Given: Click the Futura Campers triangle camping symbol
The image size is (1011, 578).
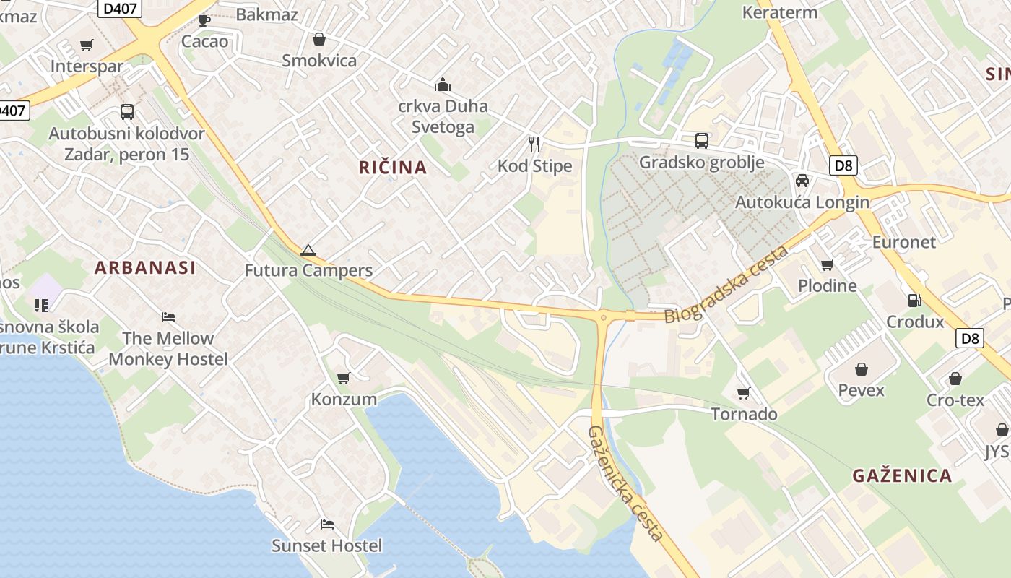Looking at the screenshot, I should pos(308,251).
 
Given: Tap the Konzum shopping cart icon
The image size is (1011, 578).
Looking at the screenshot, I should pos(344,378).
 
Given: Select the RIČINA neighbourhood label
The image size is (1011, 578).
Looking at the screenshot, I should pos(393,168).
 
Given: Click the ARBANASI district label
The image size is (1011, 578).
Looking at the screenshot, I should pos(145,267).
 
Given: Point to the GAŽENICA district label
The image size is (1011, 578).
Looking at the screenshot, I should pos(902,475).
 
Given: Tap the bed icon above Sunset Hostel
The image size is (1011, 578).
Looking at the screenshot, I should pos(327,525).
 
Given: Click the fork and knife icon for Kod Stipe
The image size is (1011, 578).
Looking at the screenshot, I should pos(534,144).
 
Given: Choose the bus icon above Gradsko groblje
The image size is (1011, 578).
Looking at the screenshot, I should pos(702,141).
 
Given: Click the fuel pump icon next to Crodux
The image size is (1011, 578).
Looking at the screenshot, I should pos(914,301).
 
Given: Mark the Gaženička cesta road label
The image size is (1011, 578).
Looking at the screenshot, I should pos(625,483).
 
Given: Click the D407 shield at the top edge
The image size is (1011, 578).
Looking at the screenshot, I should pos(119,8).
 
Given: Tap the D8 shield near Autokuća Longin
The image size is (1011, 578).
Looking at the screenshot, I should pos(843,165).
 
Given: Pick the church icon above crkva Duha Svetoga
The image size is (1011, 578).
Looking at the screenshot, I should pos(443,85).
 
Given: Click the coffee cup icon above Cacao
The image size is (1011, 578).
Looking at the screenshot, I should pos(204,20).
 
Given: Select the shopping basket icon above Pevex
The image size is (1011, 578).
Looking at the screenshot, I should pos(862,369).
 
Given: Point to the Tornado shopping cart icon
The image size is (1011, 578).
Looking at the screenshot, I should pos(744,393).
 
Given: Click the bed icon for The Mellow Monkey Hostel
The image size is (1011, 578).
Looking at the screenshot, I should pos(168,316).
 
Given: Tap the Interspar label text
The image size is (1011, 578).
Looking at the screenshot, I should pos(87,66).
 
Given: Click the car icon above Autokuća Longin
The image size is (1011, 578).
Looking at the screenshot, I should pos(802,181).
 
